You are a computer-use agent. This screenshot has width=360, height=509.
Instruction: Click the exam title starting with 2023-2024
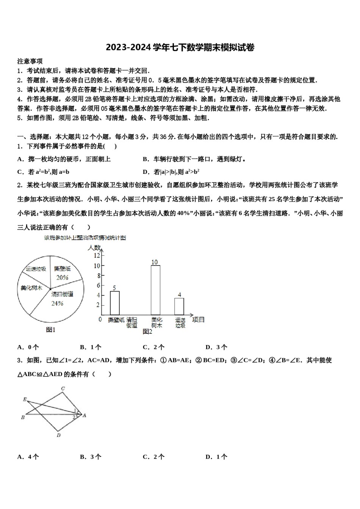click(180, 47)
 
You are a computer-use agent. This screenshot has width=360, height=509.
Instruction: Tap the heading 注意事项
click(30, 61)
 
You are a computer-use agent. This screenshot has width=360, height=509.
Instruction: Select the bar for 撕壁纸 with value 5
click(114, 303)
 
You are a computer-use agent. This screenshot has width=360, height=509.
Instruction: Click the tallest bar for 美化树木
click(155, 290)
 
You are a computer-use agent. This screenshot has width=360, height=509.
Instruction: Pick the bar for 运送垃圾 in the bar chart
click(179, 306)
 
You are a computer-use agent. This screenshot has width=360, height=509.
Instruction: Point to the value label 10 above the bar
click(155, 262)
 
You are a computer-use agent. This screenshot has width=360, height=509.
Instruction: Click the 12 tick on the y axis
click(97, 256)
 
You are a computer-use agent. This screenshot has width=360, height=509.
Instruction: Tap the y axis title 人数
click(94, 247)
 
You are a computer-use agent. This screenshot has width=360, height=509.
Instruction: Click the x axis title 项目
click(198, 320)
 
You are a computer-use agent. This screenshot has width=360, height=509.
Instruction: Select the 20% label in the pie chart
click(62, 277)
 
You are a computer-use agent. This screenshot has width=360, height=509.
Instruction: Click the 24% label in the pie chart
click(57, 303)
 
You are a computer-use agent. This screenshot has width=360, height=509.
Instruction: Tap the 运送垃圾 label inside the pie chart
click(36, 269)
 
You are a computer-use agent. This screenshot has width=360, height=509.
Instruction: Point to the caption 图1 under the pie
click(51, 330)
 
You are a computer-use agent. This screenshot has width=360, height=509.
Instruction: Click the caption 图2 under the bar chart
click(147, 331)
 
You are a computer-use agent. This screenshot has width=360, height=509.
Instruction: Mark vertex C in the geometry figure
click(63, 388)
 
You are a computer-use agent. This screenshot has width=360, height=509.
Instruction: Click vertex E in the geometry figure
click(25, 399)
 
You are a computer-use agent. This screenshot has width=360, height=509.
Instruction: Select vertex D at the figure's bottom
click(58, 435)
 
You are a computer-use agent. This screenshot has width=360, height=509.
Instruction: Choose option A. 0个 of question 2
click(28, 347)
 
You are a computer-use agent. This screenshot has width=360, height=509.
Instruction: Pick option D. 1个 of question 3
click(216, 457)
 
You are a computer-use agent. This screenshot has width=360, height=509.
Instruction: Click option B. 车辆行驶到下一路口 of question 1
click(194, 159)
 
